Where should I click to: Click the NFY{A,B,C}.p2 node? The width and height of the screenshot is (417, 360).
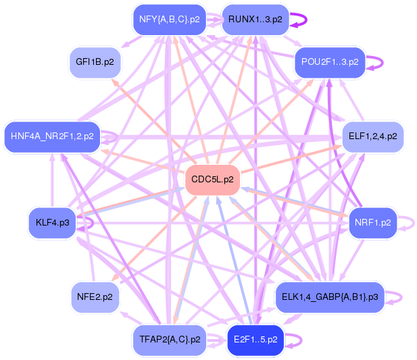click(169, 19)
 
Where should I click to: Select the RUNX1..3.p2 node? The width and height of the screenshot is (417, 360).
click(255, 19)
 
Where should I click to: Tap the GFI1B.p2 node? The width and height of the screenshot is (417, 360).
click(95, 62)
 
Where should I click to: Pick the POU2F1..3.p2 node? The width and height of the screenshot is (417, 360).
click(330, 62)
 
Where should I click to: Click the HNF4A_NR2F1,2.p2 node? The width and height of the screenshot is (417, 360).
click(52, 136)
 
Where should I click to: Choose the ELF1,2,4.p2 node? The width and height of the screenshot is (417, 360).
click(373, 136)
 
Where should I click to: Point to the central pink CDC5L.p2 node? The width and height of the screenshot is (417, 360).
click(212, 180)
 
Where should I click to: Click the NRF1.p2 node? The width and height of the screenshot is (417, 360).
click(372, 222)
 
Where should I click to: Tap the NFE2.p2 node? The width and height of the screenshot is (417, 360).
click(95, 297)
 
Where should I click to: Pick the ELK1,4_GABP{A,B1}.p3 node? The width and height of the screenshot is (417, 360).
click(330, 297)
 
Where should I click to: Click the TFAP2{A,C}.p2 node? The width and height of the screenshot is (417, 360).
click(169, 339)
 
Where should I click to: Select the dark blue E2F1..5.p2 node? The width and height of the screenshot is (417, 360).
click(255, 339)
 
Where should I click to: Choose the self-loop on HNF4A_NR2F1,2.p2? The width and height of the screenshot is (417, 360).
click(112, 136)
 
